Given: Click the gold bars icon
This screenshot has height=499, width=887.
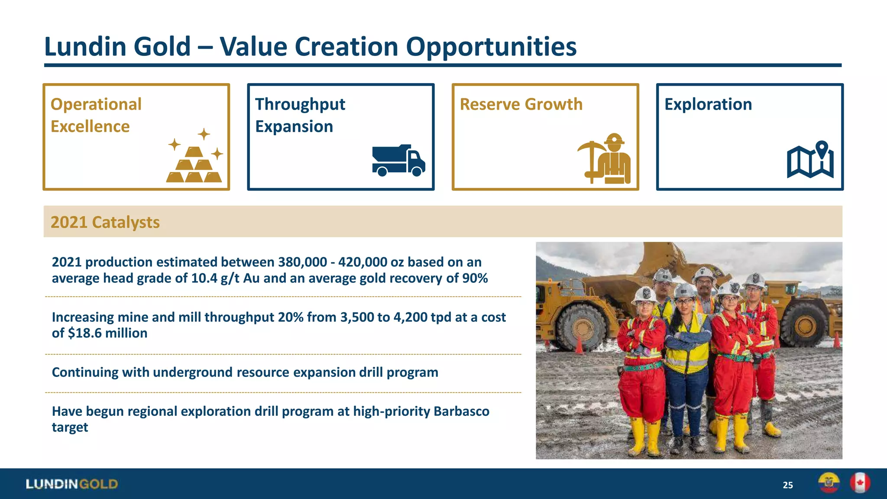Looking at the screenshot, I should click(194, 160).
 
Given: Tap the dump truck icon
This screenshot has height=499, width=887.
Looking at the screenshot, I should click(398, 161).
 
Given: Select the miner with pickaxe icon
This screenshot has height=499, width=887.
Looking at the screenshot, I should click(605, 159).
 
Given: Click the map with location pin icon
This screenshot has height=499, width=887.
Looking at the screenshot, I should click(810, 160).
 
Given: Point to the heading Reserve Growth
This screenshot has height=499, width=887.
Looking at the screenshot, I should click(521, 104).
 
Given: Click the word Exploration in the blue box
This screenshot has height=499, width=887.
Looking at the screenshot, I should click(708, 104).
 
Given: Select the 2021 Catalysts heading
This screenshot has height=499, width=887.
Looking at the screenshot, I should click(105, 222).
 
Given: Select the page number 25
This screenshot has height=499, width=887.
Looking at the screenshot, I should click(787, 485).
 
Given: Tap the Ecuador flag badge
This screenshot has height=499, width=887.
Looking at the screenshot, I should click(829, 483).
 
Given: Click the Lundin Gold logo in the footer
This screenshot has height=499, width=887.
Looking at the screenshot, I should click(72, 484).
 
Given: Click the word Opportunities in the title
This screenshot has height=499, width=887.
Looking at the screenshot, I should click(491, 47).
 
